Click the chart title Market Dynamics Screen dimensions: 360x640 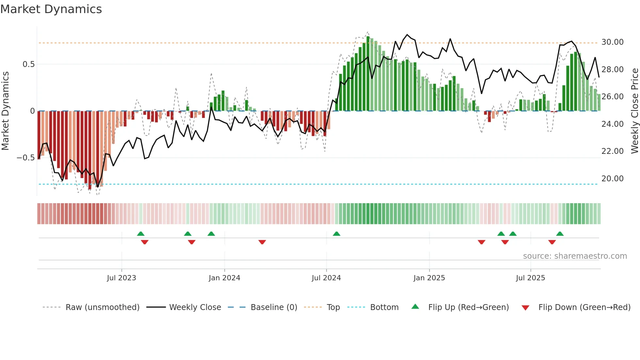(x=51, y=9)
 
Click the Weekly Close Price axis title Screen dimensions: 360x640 (x=634, y=111)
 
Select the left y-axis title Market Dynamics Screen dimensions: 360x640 (x=5, y=111)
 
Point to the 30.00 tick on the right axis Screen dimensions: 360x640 (x=612, y=42)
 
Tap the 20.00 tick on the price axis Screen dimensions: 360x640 (x=612, y=179)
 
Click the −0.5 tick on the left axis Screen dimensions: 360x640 (x=25, y=158)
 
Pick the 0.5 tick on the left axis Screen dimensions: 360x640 (x=28, y=64)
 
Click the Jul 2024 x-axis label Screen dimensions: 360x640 (x=326, y=278)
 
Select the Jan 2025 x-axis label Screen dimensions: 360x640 (x=429, y=278)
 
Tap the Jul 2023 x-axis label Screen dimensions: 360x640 (x=121, y=278)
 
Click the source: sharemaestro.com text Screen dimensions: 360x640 (x=575, y=256)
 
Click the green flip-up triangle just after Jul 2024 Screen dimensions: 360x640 (x=336, y=234)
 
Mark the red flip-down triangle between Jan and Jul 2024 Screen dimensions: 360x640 (x=262, y=242)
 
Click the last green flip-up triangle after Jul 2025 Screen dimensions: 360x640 (x=560, y=234)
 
